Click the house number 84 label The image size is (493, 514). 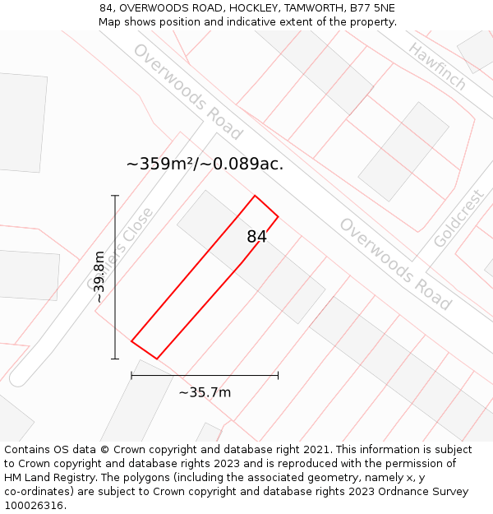pos(256,237)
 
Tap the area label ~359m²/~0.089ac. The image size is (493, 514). pos(205,164)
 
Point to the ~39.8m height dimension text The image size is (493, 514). pos(99,277)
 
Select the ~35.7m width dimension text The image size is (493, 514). pos(205,392)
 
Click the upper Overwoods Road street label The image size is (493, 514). pos(187,91)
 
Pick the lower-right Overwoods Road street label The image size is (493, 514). pos(395,263)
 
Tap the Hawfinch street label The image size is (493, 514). pos(437,67)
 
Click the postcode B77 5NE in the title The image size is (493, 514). pos(371,8)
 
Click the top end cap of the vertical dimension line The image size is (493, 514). pos(115,196)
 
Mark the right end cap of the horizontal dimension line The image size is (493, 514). pos(278,375)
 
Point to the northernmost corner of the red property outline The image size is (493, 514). pos(255,196)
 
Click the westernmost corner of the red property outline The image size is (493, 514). pos(131,340)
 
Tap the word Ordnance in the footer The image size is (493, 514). pos(390,492)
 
